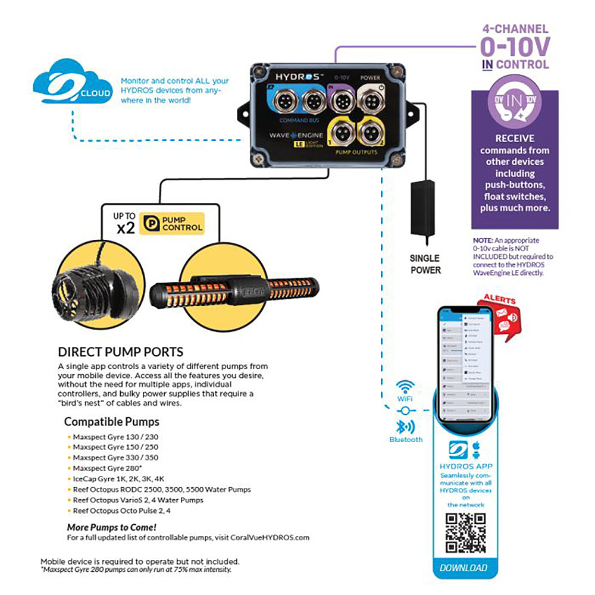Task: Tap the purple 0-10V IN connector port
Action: tap(342, 102)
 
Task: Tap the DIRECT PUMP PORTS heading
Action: tap(120, 352)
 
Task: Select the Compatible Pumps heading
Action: tap(111, 422)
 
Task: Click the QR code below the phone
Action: tap(465, 533)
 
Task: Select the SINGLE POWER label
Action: tap(425, 264)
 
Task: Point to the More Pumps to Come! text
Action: tap(112, 527)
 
